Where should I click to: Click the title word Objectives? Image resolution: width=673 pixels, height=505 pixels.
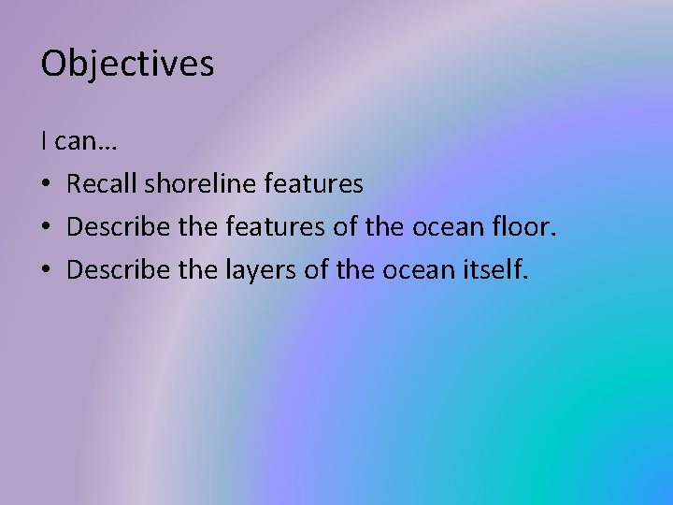(x=127, y=64)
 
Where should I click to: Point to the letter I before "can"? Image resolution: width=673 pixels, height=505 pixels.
(x=44, y=141)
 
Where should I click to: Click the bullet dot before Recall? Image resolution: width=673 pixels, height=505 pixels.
(x=46, y=185)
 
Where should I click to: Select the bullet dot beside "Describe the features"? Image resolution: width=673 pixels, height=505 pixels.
(x=46, y=228)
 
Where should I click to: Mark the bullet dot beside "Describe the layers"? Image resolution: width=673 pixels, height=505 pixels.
(x=46, y=271)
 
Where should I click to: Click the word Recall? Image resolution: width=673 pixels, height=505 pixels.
(x=102, y=184)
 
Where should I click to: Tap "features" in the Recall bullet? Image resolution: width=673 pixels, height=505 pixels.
(x=313, y=184)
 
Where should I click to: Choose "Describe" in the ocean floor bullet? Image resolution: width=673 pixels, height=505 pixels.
(x=120, y=227)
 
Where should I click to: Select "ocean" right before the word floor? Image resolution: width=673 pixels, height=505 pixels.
(x=462, y=228)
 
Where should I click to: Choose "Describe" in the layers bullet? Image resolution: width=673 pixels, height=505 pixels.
(x=120, y=270)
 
